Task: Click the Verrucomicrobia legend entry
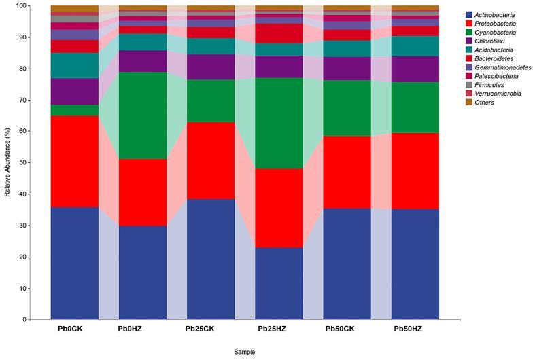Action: click(497, 93)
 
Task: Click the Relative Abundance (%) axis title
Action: click(8, 163)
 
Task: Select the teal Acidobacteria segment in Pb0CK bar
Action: click(74, 66)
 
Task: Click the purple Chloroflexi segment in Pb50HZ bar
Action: click(415, 69)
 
